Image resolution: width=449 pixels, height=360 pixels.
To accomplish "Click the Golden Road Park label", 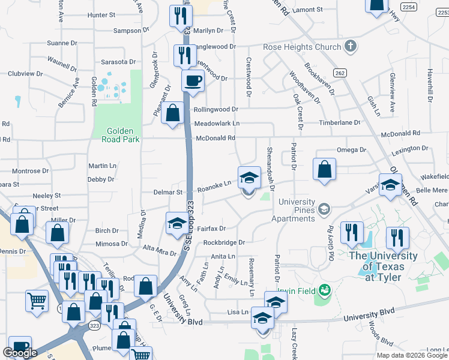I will tap(123, 135).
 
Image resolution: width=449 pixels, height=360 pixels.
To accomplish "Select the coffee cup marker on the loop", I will tap(193, 80).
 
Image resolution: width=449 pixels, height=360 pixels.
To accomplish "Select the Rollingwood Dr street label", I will tap(215, 110).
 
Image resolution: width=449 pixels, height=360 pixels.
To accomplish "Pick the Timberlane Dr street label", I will tap(339, 122).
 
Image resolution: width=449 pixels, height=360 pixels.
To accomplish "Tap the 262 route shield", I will tap(340, 73).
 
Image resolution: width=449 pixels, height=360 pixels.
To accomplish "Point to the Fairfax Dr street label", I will tap(211, 229).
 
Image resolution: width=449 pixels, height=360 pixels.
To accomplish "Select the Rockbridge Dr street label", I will tap(224, 242).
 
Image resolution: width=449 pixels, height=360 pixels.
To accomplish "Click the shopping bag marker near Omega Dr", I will tap(324, 170).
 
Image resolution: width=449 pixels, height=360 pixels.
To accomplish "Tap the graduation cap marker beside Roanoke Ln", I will tap(250, 178).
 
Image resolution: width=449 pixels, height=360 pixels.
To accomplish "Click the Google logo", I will tap(20, 353).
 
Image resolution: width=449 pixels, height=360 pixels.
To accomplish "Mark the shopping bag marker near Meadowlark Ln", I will tap(173, 113).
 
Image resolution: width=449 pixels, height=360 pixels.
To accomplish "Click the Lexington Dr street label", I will tap(409, 148).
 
